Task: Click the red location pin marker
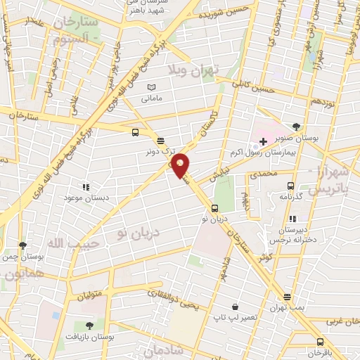click(x=181, y=165)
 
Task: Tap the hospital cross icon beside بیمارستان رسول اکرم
click(x=263, y=141)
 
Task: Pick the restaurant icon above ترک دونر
click(x=160, y=140)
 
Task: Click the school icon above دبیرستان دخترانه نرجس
click(x=292, y=219)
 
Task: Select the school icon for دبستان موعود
click(x=86, y=187)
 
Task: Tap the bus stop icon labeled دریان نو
click(x=214, y=207)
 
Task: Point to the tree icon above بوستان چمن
click(x=22, y=245)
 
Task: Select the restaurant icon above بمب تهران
click(x=287, y=297)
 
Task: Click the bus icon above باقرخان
click(x=320, y=341)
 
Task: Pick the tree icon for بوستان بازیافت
click(x=89, y=325)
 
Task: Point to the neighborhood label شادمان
click(x=166, y=349)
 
